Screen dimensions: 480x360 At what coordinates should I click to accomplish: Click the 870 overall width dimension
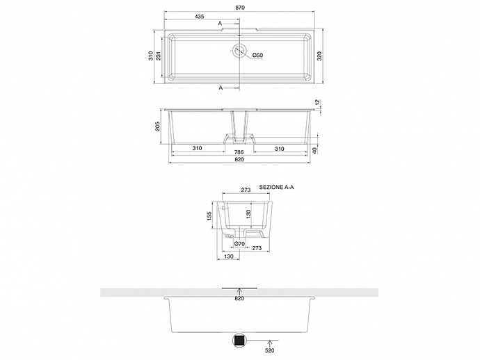[240, 8]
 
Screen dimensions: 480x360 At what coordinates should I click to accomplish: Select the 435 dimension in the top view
[199, 17]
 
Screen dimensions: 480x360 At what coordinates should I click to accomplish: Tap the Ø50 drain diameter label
[258, 56]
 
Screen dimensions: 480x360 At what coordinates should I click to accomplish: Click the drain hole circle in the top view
[239, 51]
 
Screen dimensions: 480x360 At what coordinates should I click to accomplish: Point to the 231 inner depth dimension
[159, 56]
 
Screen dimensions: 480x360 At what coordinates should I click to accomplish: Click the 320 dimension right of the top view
[319, 56]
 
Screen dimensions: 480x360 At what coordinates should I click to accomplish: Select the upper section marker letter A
[220, 23]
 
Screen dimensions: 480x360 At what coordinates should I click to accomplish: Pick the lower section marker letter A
[221, 88]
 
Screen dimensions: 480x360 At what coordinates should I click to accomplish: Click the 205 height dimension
[157, 126]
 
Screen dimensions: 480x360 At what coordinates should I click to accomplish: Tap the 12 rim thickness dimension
[317, 102]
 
